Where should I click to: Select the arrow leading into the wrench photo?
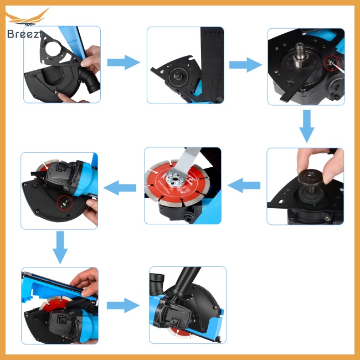pos(244,185)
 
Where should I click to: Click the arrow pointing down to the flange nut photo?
pos(306,126)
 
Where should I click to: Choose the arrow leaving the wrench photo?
pos(121,187)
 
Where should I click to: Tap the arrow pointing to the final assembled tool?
pos(123,304)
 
